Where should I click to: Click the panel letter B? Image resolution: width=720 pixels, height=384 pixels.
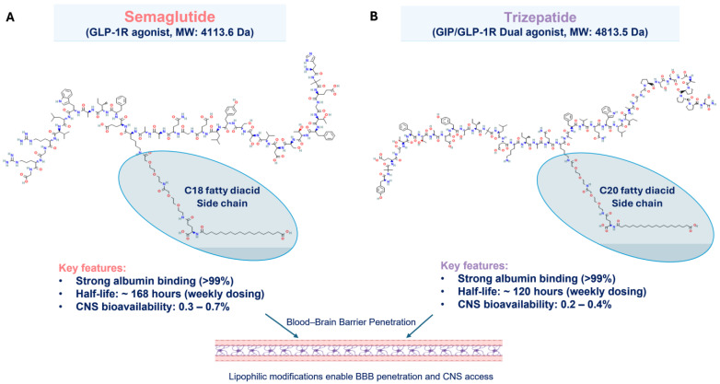374,15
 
